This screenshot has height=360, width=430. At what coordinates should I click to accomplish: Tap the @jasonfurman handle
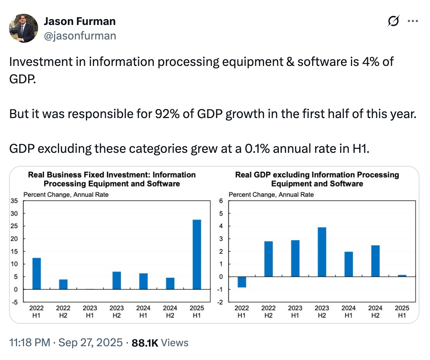click(x=80, y=36)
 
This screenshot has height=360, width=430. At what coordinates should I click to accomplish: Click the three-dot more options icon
click(x=413, y=21)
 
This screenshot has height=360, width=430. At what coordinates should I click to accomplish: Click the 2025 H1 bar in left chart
click(x=197, y=254)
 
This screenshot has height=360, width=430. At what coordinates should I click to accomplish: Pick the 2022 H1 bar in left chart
click(x=37, y=273)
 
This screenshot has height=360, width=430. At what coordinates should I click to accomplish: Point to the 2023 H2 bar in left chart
click(x=116, y=280)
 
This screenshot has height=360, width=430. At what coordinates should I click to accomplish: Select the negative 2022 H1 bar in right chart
click(x=242, y=282)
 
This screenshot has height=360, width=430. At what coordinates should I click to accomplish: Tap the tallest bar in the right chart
click(x=322, y=252)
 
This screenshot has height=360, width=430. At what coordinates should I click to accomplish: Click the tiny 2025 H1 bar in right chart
click(x=402, y=276)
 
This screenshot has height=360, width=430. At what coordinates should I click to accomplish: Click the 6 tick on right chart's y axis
click(x=221, y=201)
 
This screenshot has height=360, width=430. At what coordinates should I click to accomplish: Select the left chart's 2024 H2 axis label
click(x=170, y=311)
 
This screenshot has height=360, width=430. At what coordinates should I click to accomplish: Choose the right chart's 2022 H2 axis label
click(x=268, y=311)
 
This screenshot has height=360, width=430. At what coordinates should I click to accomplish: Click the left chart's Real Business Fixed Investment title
click(x=112, y=179)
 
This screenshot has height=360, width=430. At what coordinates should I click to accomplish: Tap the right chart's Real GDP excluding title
click(x=317, y=179)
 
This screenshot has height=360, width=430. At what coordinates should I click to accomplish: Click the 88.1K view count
click(x=145, y=343)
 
